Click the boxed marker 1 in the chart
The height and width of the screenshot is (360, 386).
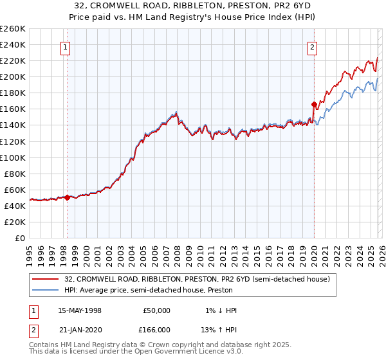66,46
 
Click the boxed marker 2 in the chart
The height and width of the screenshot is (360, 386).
312,46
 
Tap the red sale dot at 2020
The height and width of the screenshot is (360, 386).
314,104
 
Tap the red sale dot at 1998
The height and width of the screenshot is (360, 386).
67,198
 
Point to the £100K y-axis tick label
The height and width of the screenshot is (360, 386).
12,157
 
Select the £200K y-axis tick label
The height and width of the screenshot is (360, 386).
12,76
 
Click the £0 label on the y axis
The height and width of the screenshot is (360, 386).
19,238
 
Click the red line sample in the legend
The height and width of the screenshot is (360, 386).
46,279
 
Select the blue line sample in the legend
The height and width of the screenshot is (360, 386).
46,290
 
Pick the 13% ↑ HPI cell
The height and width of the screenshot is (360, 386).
219,329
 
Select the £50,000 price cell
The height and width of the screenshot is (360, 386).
156,310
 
